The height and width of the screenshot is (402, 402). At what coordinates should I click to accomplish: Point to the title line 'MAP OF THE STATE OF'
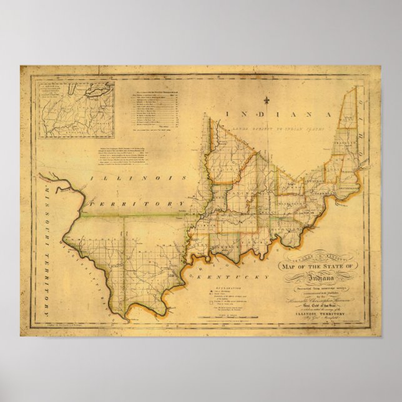click(x=319, y=267)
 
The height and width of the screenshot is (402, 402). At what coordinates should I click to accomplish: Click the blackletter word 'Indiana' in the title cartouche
click(x=318, y=277)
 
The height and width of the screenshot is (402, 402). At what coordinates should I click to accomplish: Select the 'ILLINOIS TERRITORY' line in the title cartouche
click(x=318, y=314)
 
